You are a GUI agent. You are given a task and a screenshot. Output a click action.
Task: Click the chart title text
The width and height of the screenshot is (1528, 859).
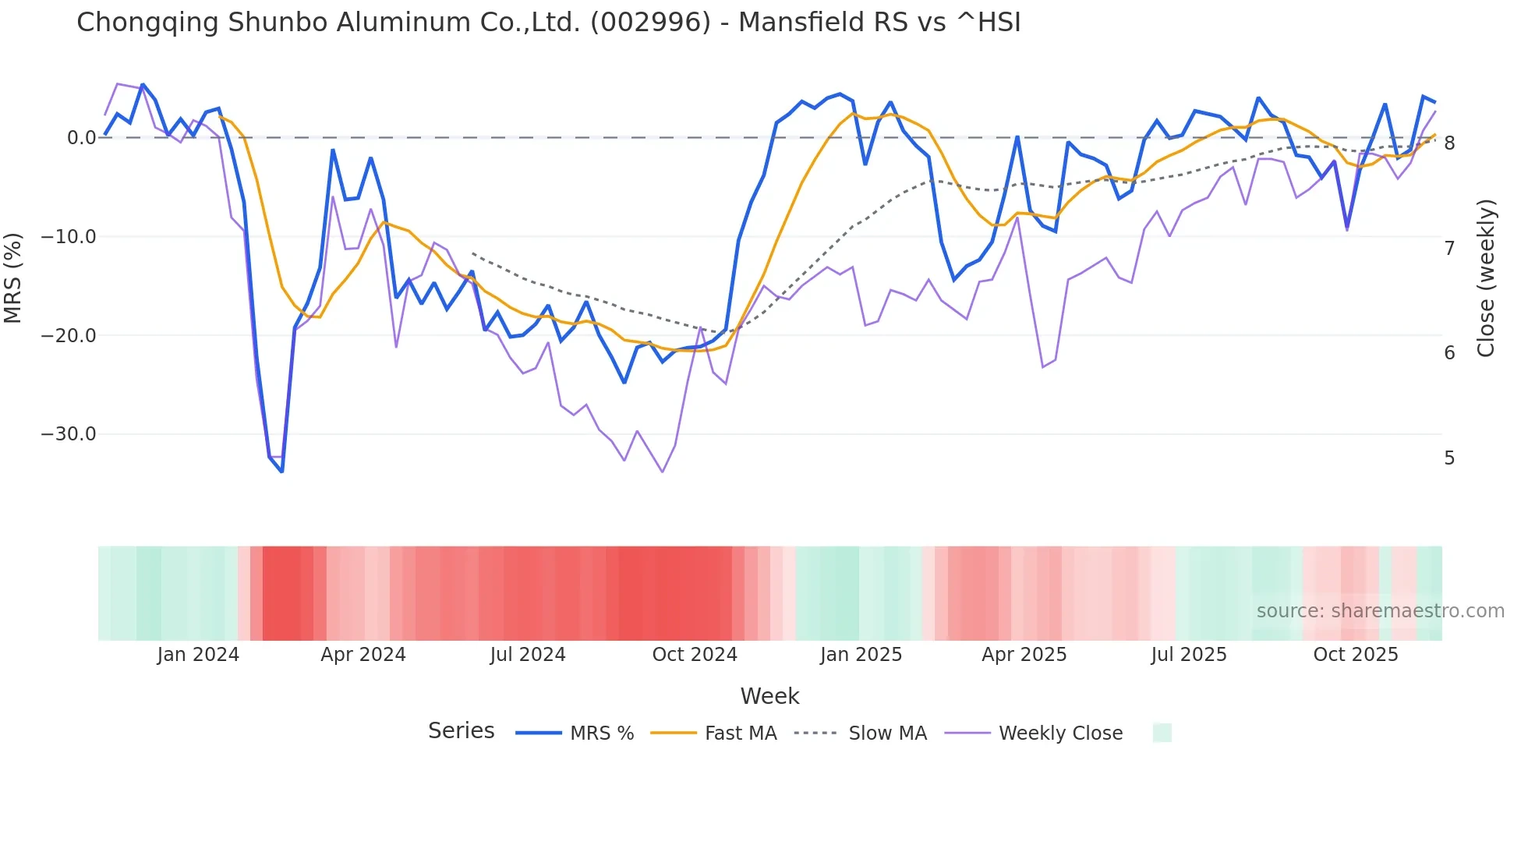(548, 23)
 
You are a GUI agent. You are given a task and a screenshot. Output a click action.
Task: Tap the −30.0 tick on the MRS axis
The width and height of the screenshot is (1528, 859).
(69, 434)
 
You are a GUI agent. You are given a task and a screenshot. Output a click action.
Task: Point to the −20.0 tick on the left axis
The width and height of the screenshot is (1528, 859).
(69, 335)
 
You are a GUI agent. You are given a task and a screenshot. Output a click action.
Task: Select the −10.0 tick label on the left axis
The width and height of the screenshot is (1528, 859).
(69, 237)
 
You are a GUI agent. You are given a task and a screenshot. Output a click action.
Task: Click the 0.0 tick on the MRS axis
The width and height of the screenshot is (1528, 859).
(81, 138)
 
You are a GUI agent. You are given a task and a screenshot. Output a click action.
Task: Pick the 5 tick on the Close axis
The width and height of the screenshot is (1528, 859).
(1449, 458)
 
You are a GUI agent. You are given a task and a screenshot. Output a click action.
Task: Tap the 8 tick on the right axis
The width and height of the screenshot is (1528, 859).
(1449, 143)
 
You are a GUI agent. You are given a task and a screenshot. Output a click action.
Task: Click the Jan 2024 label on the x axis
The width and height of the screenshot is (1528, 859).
(198, 655)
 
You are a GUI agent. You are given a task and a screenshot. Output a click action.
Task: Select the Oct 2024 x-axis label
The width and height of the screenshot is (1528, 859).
(695, 655)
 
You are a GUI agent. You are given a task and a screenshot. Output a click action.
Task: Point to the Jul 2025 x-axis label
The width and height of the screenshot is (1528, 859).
(1189, 655)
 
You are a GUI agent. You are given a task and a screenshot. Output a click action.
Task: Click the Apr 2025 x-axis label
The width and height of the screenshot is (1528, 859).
(1024, 655)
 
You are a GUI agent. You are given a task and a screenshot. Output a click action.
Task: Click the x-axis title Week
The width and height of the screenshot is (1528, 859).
(769, 696)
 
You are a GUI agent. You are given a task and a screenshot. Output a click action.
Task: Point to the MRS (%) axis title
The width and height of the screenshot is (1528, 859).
(13, 278)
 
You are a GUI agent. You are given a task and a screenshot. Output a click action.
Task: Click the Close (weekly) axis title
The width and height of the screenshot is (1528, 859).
(1486, 278)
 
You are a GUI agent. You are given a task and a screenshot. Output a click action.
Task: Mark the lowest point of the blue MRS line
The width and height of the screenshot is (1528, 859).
(281, 472)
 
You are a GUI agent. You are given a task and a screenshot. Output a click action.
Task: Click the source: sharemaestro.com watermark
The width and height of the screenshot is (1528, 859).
(1380, 611)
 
